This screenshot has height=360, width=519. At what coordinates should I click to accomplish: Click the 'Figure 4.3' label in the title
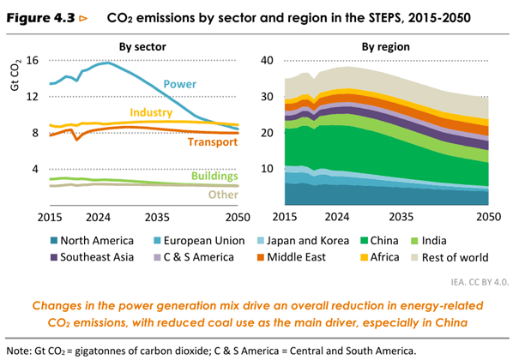tap(42, 15)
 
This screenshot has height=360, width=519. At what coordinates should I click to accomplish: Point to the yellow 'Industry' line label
tap(152, 113)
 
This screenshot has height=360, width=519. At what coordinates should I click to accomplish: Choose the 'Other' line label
tap(222, 195)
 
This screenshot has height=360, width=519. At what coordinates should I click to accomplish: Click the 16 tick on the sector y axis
tap(32, 60)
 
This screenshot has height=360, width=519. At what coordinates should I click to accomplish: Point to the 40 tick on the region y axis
tap(266, 60)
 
